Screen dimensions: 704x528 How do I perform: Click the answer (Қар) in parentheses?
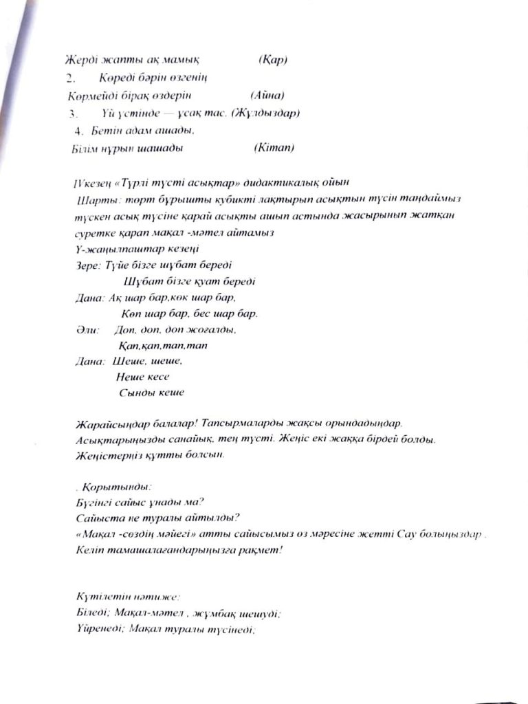(273, 60)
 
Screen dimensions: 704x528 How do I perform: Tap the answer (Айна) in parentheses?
(267, 95)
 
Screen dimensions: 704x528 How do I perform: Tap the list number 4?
(78, 129)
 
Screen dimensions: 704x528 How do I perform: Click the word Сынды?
(135, 393)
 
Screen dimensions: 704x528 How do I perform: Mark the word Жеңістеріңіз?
(109, 454)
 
